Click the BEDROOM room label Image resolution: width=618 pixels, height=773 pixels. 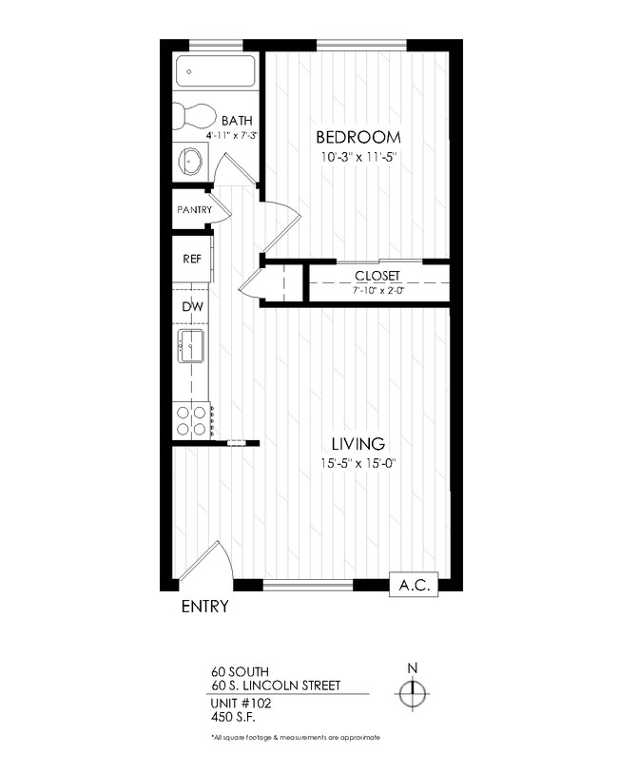[357, 136]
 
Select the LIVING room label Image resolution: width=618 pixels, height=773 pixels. [357, 443]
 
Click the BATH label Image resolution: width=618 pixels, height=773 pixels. [236, 121]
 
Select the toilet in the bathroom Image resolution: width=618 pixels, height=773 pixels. [195, 117]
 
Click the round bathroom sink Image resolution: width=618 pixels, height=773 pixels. [191, 162]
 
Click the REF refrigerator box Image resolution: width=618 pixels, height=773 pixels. [191, 259]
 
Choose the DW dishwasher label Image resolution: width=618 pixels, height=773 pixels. [190, 306]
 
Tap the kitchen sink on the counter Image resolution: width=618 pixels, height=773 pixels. [191, 348]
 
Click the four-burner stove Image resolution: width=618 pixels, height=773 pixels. [191, 419]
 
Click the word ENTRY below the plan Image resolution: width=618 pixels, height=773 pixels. [204, 608]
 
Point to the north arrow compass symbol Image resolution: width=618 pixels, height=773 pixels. [412, 695]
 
